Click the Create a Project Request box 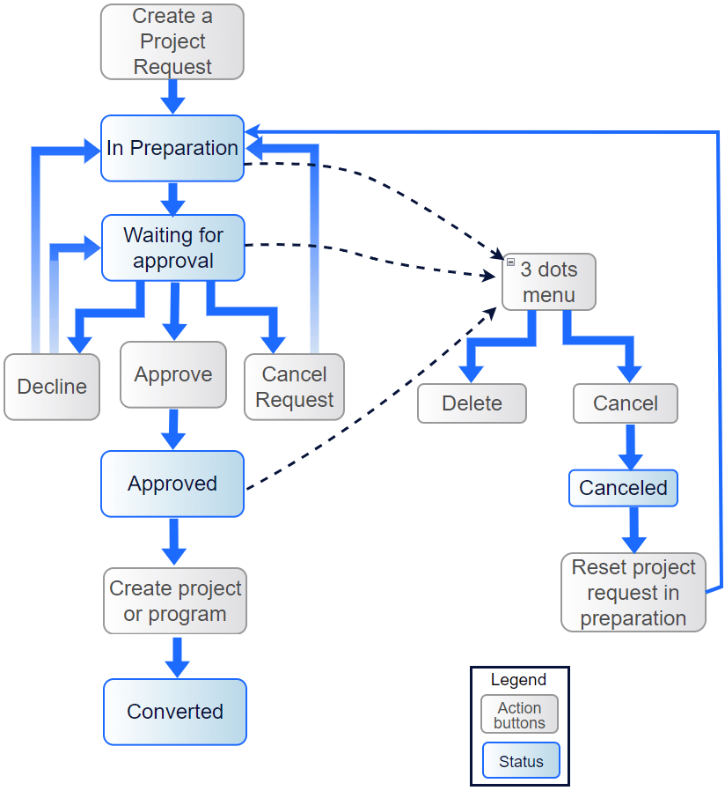pyautogui.click(x=172, y=41)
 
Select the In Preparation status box pyautogui.click(x=172, y=148)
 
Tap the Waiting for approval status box pyautogui.click(x=172, y=248)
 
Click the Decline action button pyautogui.click(x=52, y=387)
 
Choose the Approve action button pyautogui.click(x=173, y=375)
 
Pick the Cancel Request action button pyautogui.click(x=294, y=387)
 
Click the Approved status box pyautogui.click(x=172, y=484)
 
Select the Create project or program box pyautogui.click(x=175, y=602)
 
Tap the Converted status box pyautogui.click(x=175, y=712)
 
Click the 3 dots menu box pyautogui.click(x=549, y=283)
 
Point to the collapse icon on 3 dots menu pyautogui.click(x=510, y=262)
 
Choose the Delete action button pyautogui.click(x=472, y=403)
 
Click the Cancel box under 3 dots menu pyautogui.click(x=625, y=403)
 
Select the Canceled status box pyautogui.click(x=623, y=488)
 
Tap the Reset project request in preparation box pyautogui.click(x=633, y=593)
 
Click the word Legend pyautogui.click(x=518, y=680)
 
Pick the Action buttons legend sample pyautogui.click(x=519, y=715)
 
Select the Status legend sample pyautogui.click(x=521, y=762)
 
